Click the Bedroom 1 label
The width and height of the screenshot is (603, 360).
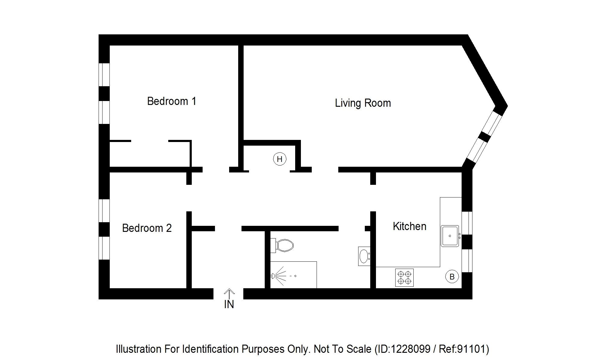[172, 101]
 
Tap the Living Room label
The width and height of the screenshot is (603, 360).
[363, 103]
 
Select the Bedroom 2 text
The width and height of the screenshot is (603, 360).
[147, 228]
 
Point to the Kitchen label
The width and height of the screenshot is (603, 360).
[409, 226]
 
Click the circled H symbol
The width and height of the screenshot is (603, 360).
[279, 159]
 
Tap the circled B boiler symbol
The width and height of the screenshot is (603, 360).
[452, 277]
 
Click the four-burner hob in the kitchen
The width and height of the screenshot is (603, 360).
[404, 277]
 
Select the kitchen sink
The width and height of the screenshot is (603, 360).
[450, 236]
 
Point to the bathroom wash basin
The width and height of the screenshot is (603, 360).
[364, 256]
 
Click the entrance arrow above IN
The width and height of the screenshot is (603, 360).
[229, 294]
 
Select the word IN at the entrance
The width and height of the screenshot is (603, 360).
[229, 305]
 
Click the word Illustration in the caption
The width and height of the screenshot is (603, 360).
[139, 349]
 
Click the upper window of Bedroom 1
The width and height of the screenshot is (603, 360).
[104, 75]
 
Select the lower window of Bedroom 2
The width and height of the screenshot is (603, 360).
[104, 248]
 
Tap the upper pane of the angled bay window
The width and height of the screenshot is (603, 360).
[491, 122]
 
